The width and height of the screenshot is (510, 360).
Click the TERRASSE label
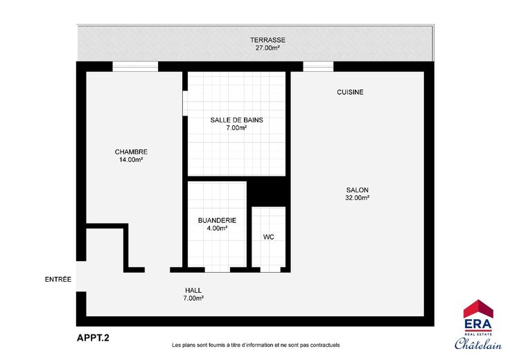click(x=267, y=40)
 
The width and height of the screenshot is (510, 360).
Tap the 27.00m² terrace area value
click(x=267, y=48)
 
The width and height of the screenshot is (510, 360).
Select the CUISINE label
click(x=350, y=92)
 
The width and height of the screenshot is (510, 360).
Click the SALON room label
click(x=357, y=190)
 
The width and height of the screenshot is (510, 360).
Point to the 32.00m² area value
click(x=357, y=198)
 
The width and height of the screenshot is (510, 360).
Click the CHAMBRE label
click(x=131, y=152)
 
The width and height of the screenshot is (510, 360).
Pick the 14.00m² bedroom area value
click(x=131, y=159)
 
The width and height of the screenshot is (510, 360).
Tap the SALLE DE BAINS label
click(x=236, y=120)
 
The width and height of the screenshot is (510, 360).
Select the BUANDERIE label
click(x=217, y=220)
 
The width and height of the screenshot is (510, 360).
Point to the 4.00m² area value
click(x=217, y=228)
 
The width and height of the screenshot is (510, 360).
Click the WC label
click(x=268, y=237)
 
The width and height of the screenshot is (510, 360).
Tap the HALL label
click(x=193, y=291)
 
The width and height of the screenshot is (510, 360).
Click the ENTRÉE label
click(x=58, y=280)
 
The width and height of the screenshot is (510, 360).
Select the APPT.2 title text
click(x=93, y=338)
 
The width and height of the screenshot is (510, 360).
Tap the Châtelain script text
click(x=478, y=343)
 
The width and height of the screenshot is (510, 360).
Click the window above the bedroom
click(x=135, y=66)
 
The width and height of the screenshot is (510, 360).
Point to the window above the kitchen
click(x=318, y=66)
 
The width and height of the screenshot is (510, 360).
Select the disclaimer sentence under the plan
click(x=256, y=345)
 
